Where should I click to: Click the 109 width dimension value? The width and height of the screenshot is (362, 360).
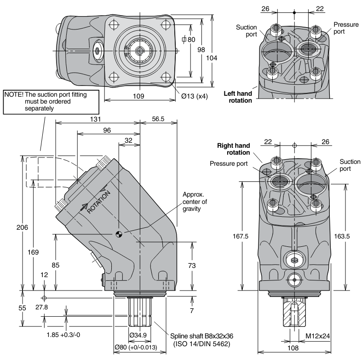138,96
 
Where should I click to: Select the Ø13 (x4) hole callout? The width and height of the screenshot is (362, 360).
195,96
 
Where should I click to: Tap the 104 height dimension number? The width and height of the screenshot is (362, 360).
212,58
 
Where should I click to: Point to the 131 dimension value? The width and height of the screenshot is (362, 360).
95,119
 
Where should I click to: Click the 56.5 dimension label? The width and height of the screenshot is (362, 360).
158,119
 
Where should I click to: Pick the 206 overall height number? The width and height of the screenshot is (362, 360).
22,227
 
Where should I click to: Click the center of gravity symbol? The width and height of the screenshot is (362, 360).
119,234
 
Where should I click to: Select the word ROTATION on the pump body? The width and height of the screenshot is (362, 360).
98,203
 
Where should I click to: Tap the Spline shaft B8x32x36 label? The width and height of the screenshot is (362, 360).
201,336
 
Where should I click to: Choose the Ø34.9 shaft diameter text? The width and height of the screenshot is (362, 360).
138,335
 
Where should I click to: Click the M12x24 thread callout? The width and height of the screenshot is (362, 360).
318,336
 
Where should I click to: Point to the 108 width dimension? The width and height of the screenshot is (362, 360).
293,348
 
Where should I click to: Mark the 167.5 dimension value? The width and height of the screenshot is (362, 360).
240,236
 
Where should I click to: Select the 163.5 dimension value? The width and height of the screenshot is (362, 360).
342,236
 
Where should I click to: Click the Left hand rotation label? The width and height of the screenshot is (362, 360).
238,97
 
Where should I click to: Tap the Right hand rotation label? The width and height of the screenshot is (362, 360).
234,149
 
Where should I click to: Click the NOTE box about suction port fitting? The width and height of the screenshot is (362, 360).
51,102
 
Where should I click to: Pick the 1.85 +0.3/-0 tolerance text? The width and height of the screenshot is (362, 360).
63,335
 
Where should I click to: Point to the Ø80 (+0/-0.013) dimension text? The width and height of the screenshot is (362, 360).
136,347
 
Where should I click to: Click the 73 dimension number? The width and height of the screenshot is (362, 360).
192,266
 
